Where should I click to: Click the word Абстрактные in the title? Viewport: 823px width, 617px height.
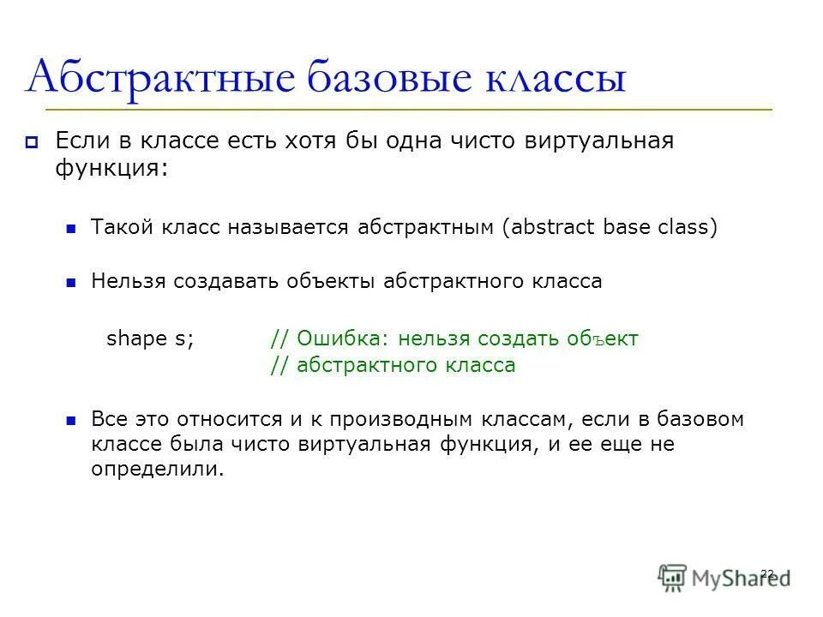159,79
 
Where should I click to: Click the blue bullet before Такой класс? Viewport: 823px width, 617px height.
72,229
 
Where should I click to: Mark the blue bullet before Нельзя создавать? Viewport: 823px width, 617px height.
72,282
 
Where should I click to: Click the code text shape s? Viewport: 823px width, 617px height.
151,338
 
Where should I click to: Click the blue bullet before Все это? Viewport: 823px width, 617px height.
72,421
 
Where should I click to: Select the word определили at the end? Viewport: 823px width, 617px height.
156,470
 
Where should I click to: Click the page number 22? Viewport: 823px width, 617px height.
766,572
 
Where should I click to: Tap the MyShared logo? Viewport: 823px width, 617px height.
724,576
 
